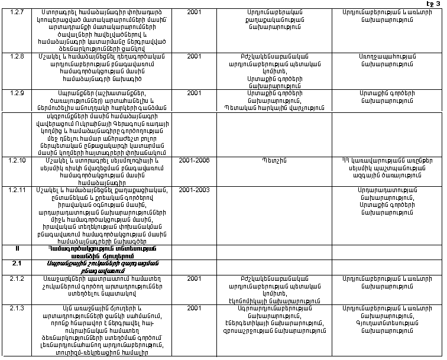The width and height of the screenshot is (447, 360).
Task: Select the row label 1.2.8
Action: [x=17, y=56]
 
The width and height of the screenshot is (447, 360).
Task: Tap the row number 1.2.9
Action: [x=17, y=93]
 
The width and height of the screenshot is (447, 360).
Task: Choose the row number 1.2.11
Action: [x=18, y=190]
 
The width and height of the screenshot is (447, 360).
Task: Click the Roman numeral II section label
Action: [x=17, y=249]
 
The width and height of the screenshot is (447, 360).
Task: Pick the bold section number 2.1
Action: [x=17, y=264]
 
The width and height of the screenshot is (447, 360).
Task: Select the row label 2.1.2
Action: [x=17, y=278]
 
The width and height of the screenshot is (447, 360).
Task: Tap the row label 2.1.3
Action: [x=17, y=308]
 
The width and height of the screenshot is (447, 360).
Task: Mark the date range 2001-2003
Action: [x=194, y=190]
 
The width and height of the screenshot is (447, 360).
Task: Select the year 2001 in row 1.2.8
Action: [x=194, y=56]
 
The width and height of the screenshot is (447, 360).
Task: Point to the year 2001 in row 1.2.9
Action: [x=194, y=93]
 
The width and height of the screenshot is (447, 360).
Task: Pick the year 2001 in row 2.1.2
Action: [x=194, y=278]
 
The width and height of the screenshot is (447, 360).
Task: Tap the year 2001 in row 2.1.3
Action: [x=194, y=308]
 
